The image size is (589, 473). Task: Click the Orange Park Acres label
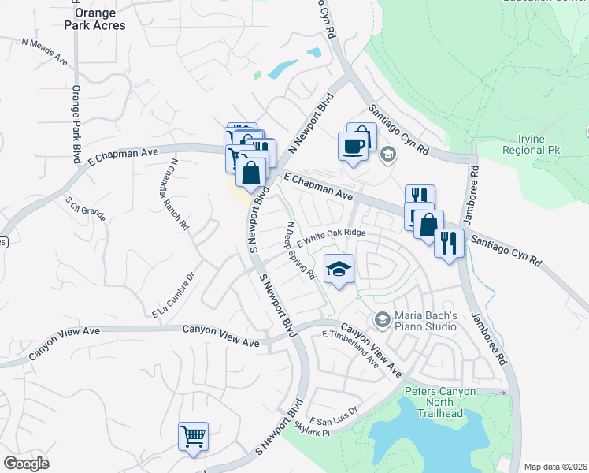point(99,19)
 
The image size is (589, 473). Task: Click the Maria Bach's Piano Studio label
point(426,321)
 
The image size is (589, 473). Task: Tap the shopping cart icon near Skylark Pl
point(194,435)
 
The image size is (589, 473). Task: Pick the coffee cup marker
point(352,144)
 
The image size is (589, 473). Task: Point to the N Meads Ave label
point(45,51)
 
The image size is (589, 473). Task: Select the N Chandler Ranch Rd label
point(178,194)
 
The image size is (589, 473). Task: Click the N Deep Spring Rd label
point(301,251)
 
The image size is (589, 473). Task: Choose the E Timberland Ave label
point(350,350)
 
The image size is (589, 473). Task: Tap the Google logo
point(26,464)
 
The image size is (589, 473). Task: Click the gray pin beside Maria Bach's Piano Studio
point(383,319)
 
